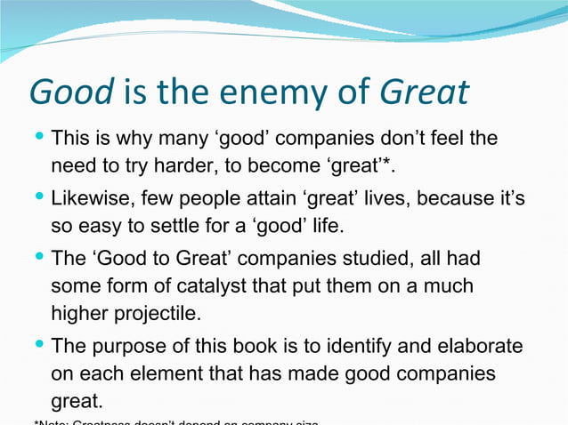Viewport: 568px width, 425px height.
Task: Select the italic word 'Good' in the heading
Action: tap(71, 93)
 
